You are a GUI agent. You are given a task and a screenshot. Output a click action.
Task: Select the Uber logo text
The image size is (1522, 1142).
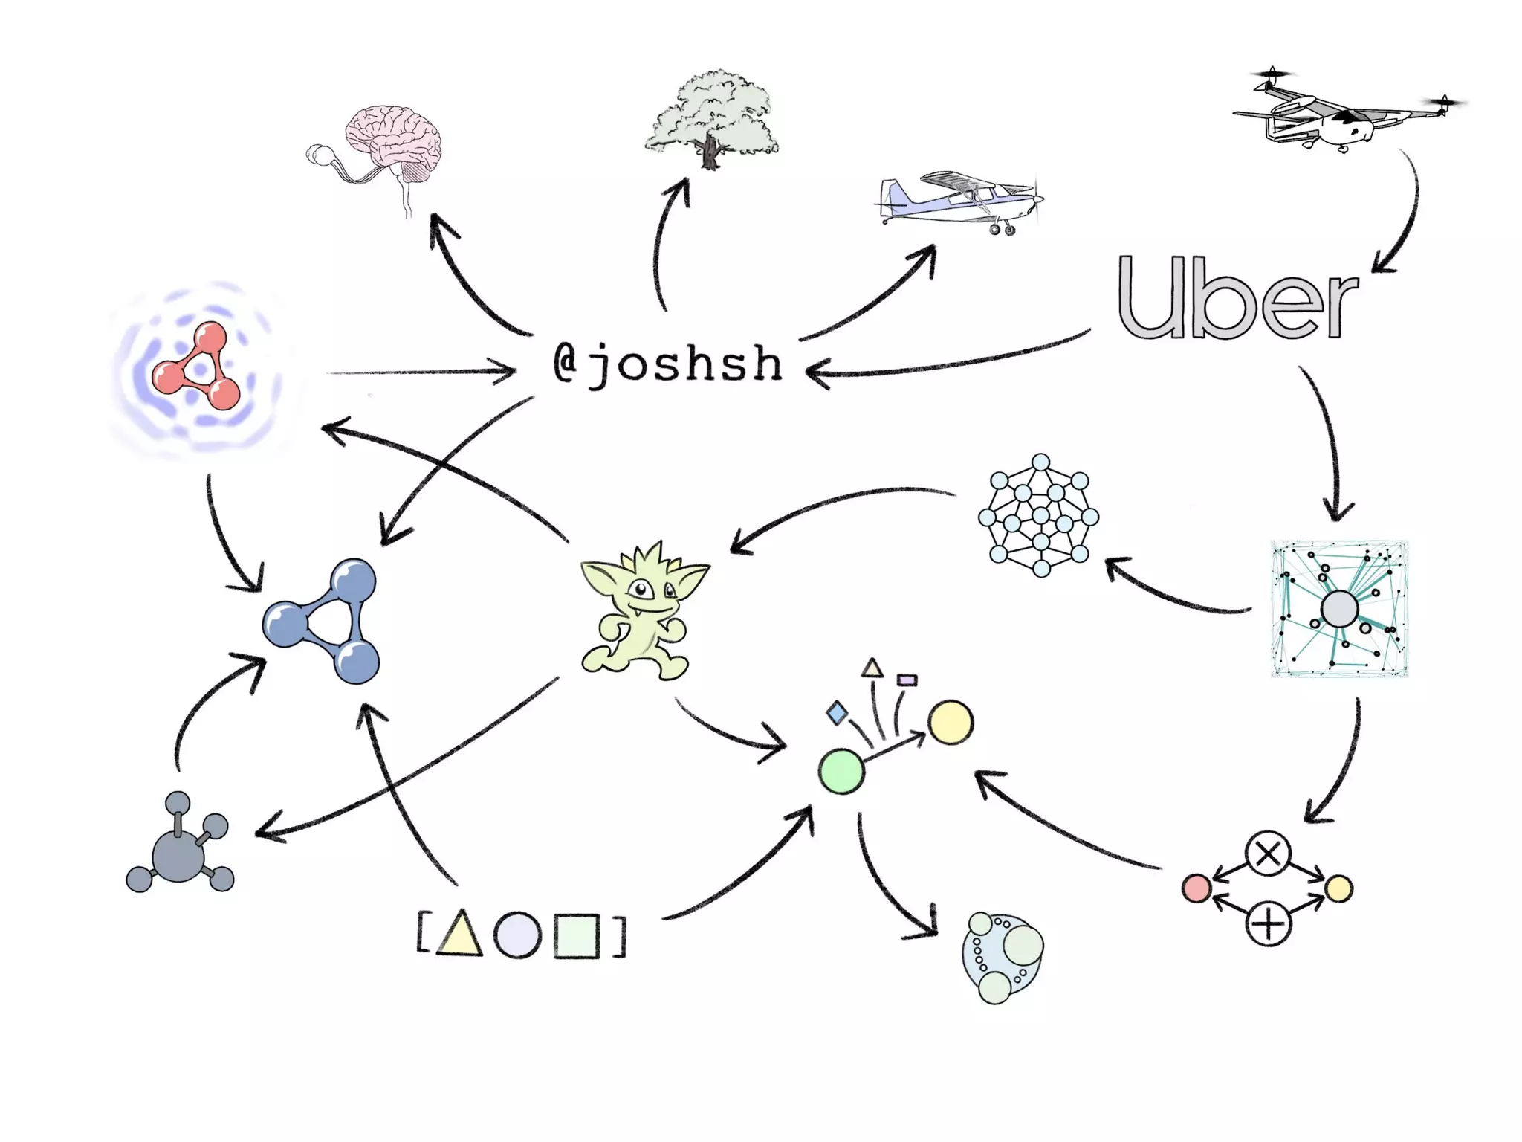[1237, 297]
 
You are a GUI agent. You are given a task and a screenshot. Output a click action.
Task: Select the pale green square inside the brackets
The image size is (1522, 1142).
[576, 936]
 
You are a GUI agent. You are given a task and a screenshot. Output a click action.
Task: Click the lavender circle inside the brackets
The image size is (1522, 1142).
[517, 935]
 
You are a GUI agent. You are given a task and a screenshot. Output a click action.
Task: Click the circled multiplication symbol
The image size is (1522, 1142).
[1268, 854]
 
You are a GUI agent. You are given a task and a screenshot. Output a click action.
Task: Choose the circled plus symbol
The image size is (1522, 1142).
[1268, 924]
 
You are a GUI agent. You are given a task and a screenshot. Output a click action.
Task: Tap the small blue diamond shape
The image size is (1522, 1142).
[837, 713]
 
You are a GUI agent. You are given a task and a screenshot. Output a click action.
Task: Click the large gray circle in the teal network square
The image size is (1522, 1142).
[1339, 610]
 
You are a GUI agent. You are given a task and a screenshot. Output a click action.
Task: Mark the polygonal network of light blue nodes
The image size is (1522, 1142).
[1039, 515]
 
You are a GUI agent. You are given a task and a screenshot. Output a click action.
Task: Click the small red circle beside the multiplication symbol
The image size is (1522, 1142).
[1196, 888]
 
